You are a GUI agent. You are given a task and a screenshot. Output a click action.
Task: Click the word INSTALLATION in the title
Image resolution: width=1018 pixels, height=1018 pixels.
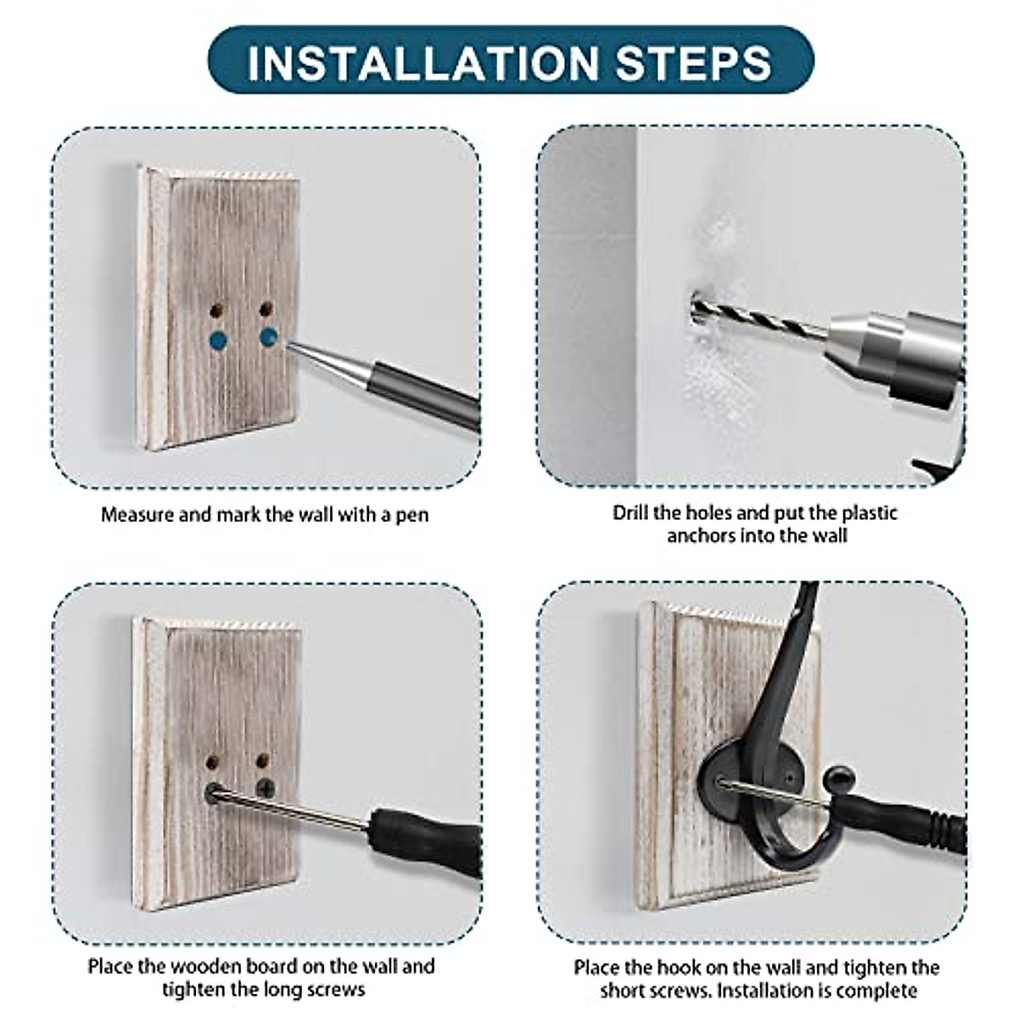point(422,63)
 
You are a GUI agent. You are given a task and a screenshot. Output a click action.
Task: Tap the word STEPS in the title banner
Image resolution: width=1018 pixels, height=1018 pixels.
point(694,63)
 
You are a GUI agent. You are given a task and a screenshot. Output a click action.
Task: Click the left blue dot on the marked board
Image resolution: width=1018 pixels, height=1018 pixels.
point(218,340)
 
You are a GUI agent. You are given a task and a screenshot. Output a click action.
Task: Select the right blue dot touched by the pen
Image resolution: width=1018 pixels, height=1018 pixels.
point(269,337)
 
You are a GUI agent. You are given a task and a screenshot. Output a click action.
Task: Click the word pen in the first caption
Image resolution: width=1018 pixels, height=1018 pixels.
point(412,515)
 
